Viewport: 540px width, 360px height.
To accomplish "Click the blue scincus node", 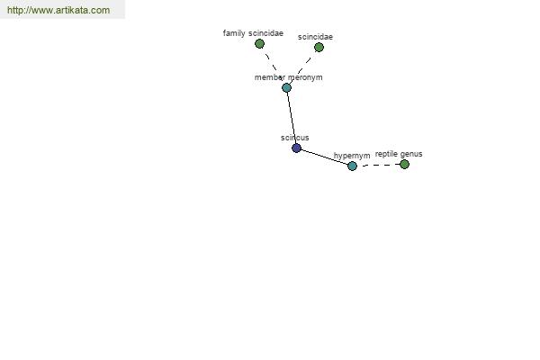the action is (x=296, y=148).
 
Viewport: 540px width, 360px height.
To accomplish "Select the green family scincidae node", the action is (x=259, y=44).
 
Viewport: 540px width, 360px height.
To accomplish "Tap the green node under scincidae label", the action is (x=319, y=47).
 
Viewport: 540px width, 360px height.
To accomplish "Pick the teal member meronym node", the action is (x=286, y=87).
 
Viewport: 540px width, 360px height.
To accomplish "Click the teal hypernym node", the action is (x=352, y=166).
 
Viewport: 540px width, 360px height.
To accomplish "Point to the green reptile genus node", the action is (x=405, y=165).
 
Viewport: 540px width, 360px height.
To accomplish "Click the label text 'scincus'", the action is (x=295, y=138).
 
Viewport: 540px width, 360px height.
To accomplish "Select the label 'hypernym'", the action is (x=352, y=156).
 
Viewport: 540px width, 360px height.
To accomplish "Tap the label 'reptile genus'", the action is (x=399, y=154).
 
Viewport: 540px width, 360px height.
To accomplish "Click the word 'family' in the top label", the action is (x=234, y=33).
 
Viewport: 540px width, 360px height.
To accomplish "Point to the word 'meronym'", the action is (x=305, y=77).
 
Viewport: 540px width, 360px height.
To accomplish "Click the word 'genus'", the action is (x=411, y=154).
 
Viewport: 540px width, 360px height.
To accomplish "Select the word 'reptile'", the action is (x=386, y=154).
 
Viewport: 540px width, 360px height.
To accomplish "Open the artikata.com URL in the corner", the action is (x=58, y=10).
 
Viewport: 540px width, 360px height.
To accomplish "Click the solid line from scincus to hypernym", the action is (x=324, y=157).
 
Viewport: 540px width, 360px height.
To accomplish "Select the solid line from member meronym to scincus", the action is (x=292, y=118).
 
